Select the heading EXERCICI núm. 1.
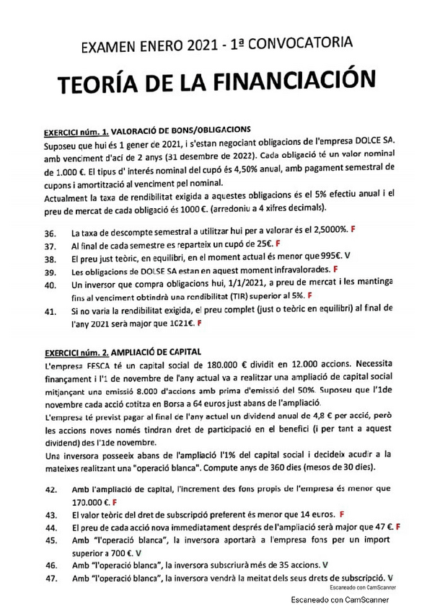[76, 132]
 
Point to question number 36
[50, 233]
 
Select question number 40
[50, 285]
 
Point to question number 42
[50, 489]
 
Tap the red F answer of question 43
[340, 514]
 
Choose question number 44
[50, 527]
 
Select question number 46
[50, 566]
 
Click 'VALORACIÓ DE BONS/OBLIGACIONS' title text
[180, 131]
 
